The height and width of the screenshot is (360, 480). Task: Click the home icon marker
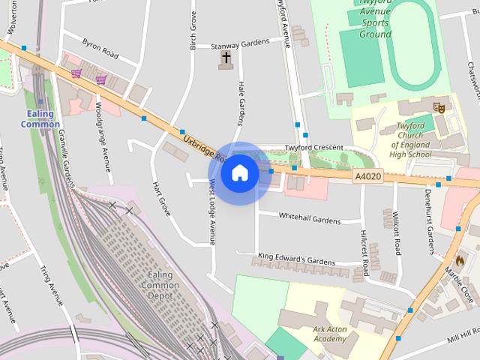pos(240,173)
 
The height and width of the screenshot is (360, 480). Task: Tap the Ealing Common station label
pos(40,119)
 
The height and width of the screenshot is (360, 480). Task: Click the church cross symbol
pos(226,57)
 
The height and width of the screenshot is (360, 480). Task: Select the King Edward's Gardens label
pos(296,259)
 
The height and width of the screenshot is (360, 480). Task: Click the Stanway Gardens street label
pos(239,43)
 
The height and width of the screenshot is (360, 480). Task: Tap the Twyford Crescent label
pos(313,148)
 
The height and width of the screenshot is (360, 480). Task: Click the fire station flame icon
pos(460,259)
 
